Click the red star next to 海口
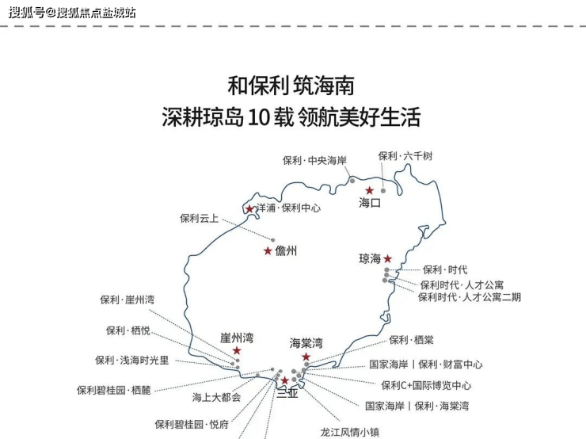[369, 191]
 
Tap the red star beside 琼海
[387, 258]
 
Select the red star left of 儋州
[268, 251]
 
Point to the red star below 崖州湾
[237, 350]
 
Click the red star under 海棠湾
[306, 357]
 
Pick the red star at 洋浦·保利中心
[249, 208]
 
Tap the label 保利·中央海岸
[314, 160]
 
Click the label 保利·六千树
[405, 156]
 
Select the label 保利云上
[200, 218]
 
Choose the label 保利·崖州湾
[127, 300]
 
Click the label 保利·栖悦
[127, 330]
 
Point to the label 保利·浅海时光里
[132, 360]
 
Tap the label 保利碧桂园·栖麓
[113, 390]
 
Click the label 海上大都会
[217, 397]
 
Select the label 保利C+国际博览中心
[426, 385]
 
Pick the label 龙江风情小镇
[350, 433]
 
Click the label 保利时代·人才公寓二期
[470, 297]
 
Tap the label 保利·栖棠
[411, 340]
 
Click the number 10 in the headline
[258, 117]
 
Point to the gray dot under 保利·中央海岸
[352, 181]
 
